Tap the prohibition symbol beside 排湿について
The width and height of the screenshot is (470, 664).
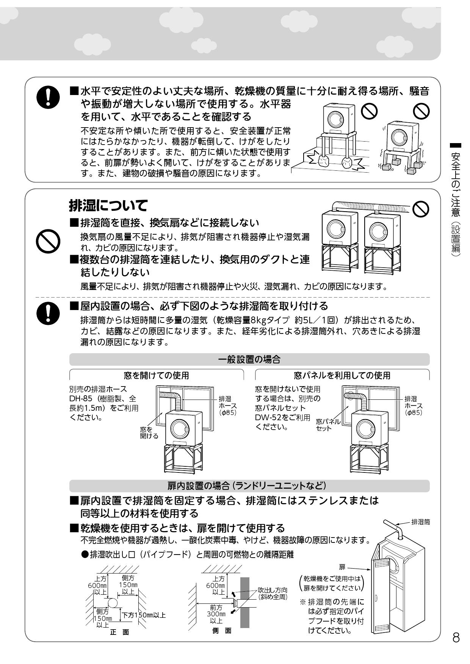(48, 241)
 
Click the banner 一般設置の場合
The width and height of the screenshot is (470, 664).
(249, 359)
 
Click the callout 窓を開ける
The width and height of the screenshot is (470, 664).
(149, 432)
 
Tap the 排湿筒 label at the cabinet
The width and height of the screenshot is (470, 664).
(420, 522)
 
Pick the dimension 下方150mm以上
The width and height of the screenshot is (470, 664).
(143, 615)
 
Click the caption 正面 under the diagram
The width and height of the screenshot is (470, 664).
(119, 632)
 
